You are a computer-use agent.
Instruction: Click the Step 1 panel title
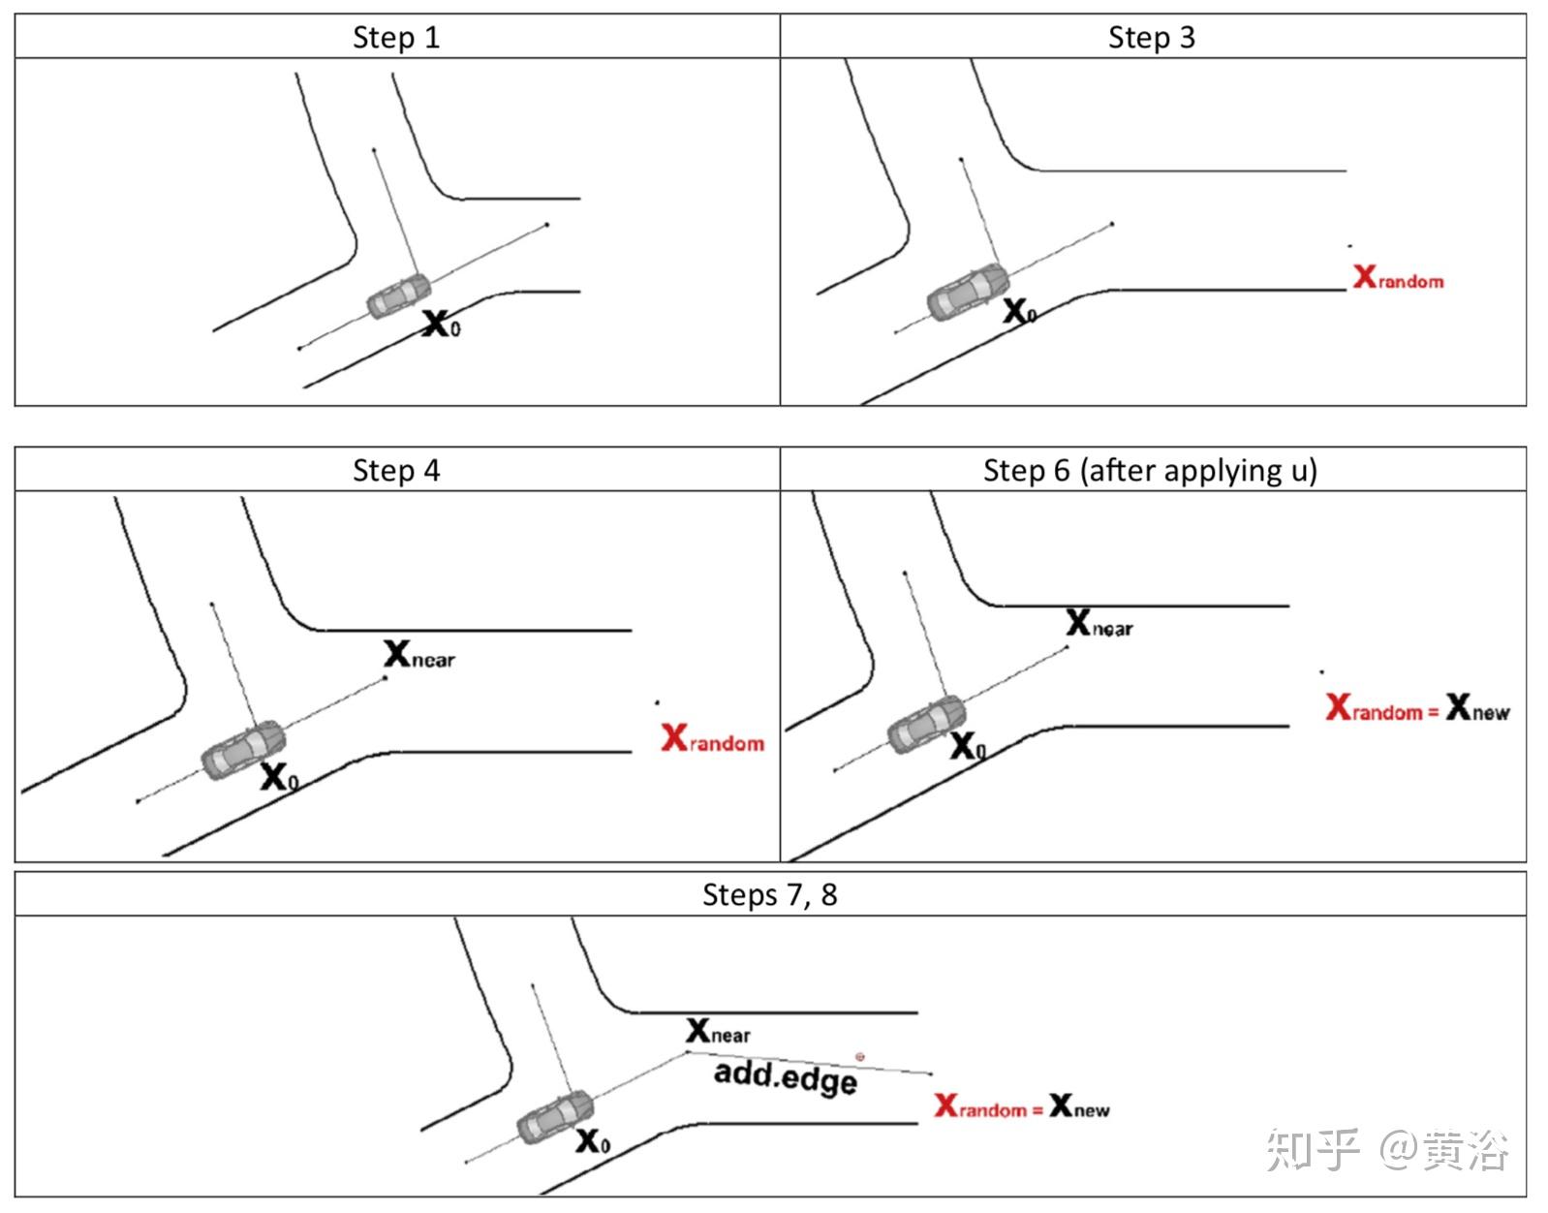(x=395, y=38)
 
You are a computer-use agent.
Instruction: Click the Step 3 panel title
(x=1151, y=38)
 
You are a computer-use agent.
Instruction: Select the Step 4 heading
(x=395, y=471)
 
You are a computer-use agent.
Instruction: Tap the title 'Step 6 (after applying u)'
(x=1150, y=471)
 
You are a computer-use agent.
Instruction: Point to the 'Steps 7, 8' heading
(x=769, y=894)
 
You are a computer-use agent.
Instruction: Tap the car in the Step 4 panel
(x=242, y=747)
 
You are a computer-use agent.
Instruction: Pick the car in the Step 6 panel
(x=927, y=724)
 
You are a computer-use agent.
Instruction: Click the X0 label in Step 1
(x=442, y=324)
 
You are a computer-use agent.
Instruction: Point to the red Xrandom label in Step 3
(x=1398, y=278)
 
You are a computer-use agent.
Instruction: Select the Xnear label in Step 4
(x=418, y=655)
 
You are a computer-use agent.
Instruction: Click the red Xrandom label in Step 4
(x=712, y=739)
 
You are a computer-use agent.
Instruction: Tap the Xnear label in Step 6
(x=1099, y=624)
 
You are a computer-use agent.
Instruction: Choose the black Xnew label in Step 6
(x=1477, y=709)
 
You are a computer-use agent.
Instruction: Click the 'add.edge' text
(x=786, y=1077)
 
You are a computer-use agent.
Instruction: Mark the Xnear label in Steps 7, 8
(x=718, y=1031)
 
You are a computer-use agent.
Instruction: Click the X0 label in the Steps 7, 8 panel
(x=593, y=1141)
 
